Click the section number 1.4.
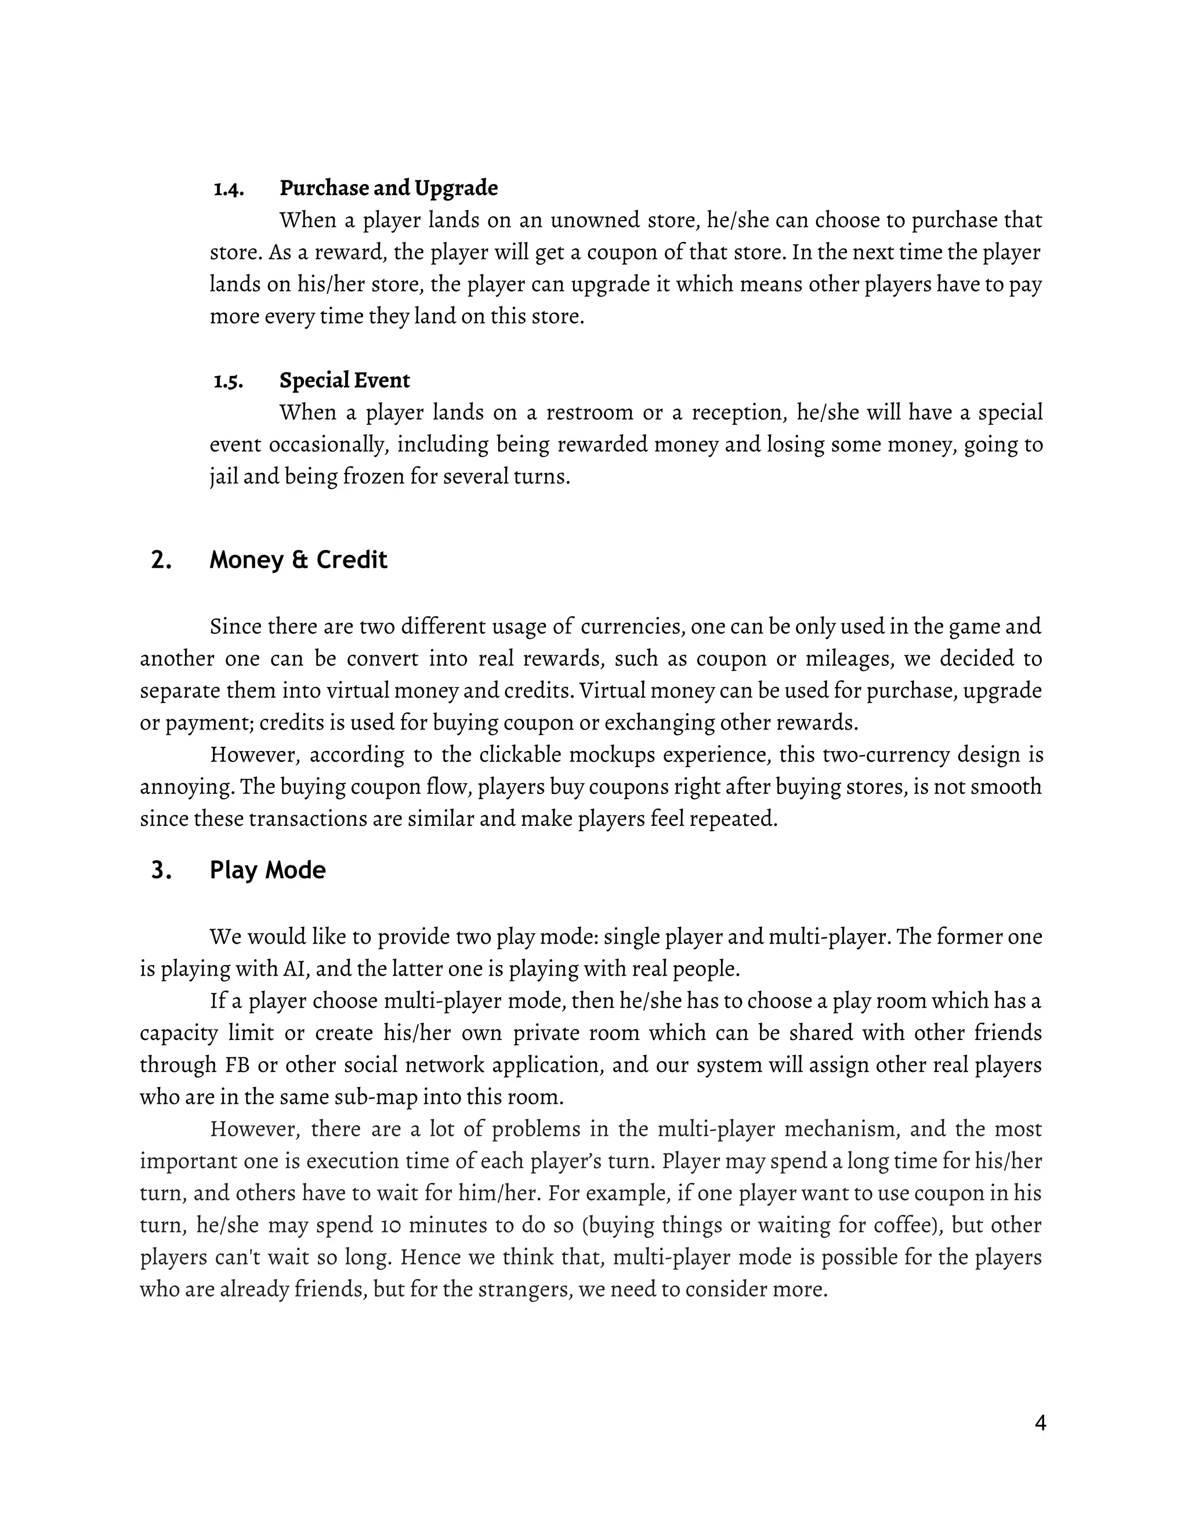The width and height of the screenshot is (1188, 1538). click(x=229, y=189)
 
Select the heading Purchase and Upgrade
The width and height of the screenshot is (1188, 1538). click(x=389, y=188)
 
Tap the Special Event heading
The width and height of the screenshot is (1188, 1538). click(x=344, y=380)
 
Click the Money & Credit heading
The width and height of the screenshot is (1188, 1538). click(x=298, y=560)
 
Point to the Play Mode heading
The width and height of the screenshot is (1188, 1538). click(x=267, y=871)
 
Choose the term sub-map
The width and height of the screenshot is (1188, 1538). click(x=401, y=1097)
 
